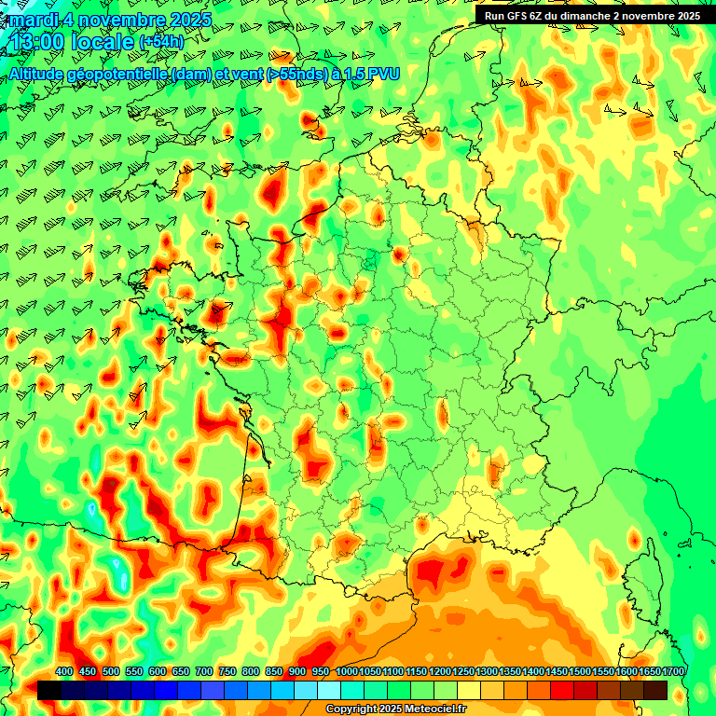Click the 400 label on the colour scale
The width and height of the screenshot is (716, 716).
pyautogui.click(x=64, y=672)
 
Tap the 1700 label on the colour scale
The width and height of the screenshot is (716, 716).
pyautogui.click(x=673, y=672)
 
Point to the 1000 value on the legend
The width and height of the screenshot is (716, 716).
pyautogui.click(x=347, y=672)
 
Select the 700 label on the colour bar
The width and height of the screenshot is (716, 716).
pyautogui.click(x=204, y=672)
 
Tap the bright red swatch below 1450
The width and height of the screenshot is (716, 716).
pyautogui.click(x=562, y=690)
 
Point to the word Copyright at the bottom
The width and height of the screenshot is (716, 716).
pyautogui.click(x=352, y=709)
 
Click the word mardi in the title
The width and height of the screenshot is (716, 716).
pyautogui.click(x=34, y=19)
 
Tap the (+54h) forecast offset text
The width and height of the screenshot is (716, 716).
pyautogui.click(x=161, y=42)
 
